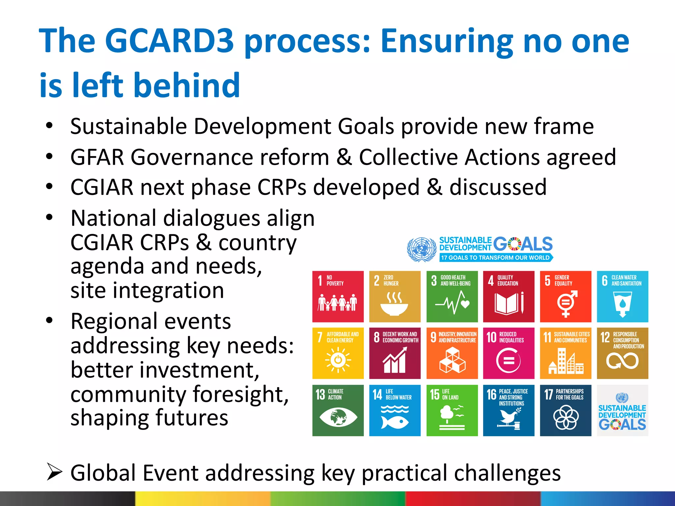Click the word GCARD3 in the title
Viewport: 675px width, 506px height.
coord(169,41)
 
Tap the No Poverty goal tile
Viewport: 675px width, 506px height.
coord(338,296)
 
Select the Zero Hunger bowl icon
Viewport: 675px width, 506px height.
coord(394,304)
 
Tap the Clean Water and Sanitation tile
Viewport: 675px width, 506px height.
coord(622,296)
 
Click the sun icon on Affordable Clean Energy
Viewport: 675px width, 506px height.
coord(338,360)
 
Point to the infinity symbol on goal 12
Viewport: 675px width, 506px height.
coord(622,361)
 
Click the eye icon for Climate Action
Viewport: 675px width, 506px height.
coord(338,417)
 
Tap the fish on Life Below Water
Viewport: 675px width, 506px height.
coord(395,422)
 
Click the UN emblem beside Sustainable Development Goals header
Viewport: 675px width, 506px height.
coord(422,249)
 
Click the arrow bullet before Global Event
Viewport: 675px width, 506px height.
coord(54,472)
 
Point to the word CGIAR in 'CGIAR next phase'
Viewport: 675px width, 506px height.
coord(102,187)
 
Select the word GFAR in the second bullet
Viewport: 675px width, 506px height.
coord(97,157)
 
